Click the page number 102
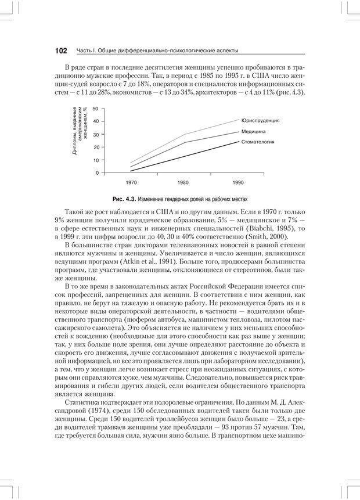pos(61,51)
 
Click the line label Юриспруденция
pos(261,120)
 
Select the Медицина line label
pos(254,131)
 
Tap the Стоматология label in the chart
pos(258,142)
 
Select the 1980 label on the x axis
pos(183,182)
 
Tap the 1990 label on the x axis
pos(238,182)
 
